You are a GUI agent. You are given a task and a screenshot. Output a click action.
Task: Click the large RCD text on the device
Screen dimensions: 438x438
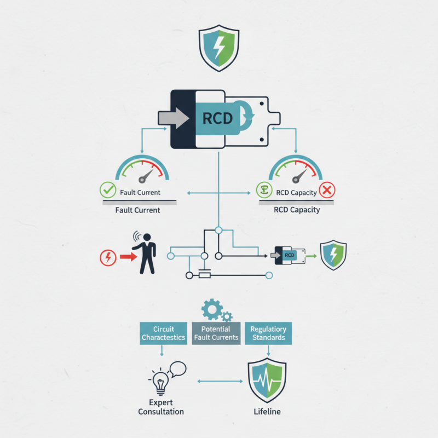[217, 118]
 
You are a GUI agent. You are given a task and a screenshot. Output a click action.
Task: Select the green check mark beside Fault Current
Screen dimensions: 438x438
[107, 191]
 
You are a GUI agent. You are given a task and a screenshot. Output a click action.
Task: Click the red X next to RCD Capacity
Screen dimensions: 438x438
[327, 191]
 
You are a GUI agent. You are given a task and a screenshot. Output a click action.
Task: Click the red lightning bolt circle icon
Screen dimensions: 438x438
[108, 257]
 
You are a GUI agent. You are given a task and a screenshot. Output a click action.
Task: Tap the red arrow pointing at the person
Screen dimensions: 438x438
[128, 256]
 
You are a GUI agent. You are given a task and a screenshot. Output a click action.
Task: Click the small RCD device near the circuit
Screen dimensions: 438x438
[287, 255]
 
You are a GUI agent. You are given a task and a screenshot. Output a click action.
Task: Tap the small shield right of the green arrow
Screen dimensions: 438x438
[333, 255]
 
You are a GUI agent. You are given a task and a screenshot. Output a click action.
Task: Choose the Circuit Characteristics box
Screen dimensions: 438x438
[163, 333]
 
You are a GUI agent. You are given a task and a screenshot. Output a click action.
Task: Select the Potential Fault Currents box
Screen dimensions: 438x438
[216, 333]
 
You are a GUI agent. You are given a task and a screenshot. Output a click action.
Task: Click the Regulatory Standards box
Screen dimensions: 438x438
[268, 333]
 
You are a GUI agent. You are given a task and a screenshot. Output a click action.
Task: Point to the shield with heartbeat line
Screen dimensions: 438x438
[267, 380]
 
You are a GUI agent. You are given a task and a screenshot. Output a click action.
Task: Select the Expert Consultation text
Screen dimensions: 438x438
[161, 407]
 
